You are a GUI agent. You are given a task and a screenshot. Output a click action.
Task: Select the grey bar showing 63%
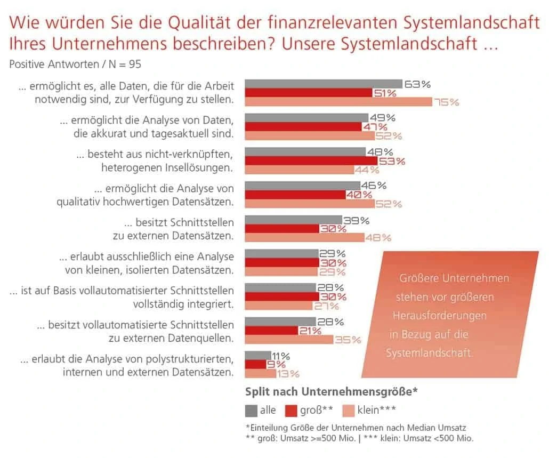[x=323, y=84]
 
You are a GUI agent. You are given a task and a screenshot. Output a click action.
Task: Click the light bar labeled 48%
[x=304, y=238]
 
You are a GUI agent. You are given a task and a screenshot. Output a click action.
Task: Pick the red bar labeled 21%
[x=271, y=331]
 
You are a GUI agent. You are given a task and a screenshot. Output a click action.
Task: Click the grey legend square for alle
[x=251, y=410]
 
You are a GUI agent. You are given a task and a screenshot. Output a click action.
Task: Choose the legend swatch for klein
[x=348, y=410]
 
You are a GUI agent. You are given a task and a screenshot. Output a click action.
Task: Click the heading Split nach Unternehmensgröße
[x=330, y=391]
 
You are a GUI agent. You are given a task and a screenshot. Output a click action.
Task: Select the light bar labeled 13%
[x=259, y=373]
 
